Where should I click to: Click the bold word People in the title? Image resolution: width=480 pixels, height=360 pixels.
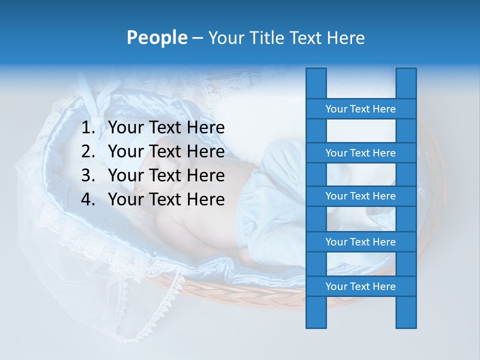pyautogui.click(x=156, y=38)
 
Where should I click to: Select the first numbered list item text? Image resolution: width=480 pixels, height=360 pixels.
pyautogui.click(x=166, y=128)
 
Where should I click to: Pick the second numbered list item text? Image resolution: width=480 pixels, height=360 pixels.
pyautogui.click(x=166, y=151)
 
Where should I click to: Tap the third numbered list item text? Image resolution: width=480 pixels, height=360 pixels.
pyautogui.click(x=166, y=175)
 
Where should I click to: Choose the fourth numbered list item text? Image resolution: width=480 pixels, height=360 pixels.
pyautogui.click(x=166, y=199)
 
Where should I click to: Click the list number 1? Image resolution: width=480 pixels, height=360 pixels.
pyautogui.click(x=87, y=128)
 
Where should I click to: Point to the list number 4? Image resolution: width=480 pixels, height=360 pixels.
pyautogui.click(x=87, y=199)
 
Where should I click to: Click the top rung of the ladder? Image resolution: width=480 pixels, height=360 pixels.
pyautogui.click(x=360, y=109)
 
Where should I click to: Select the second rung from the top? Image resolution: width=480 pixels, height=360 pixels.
pyautogui.click(x=360, y=153)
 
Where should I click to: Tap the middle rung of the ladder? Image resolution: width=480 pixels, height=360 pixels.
pyautogui.click(x=360, y=196)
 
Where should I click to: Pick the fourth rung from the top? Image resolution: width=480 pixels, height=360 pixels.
pyautogui.click(x=360, y=242)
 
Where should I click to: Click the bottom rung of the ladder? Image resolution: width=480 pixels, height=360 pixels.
pyautogui.click(x=360, y=286)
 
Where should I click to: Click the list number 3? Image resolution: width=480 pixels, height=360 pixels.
pyautogui.click(x=87, y=175)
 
